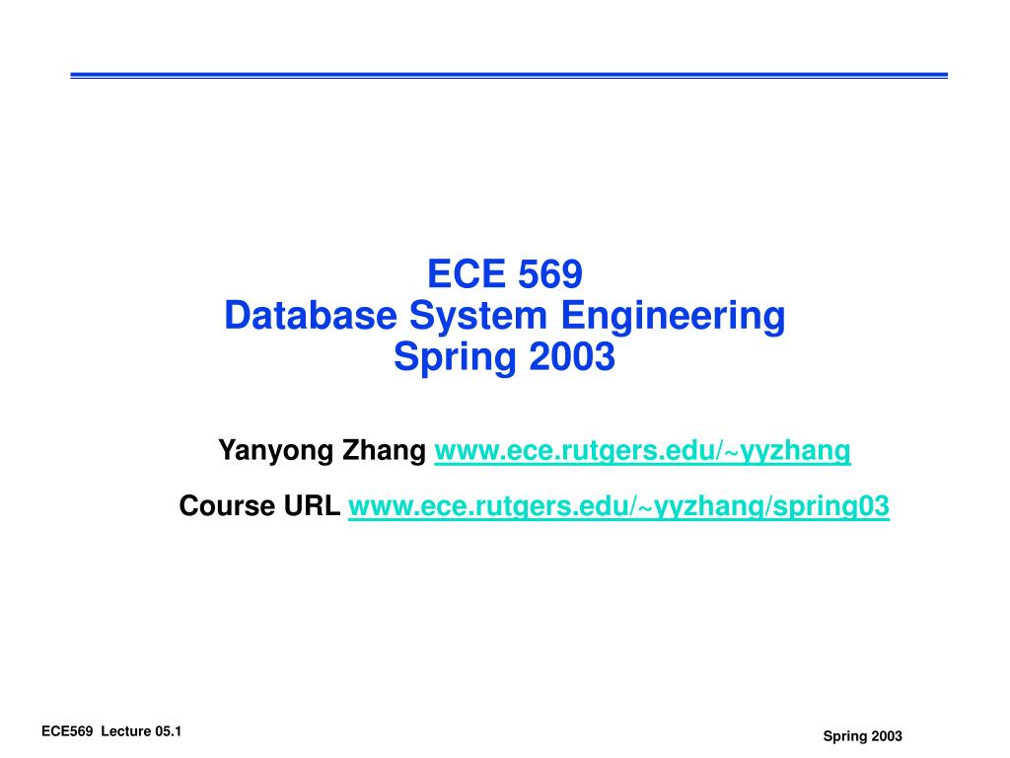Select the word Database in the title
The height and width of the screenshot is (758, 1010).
click(311, 316)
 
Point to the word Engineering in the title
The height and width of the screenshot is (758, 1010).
click(673, 316)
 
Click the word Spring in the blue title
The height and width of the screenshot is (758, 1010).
click(455, 357)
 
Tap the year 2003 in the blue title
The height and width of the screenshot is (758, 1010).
click(571, 357)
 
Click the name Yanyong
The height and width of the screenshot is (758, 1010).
click(275, 452)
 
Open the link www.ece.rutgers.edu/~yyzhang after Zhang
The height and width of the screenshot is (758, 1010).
click(642, 452)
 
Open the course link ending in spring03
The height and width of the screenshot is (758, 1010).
click(618, 507)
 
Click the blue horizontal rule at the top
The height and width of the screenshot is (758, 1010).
click(508, 75)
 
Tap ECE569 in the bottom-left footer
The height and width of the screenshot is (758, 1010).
click(66, 731)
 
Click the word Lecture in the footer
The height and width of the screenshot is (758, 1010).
click(126, 731)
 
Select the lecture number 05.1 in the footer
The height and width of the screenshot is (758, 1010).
click(171, 731)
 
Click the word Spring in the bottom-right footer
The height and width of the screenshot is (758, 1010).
click(843, 737)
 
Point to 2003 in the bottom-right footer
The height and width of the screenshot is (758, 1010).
click(888, 737)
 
